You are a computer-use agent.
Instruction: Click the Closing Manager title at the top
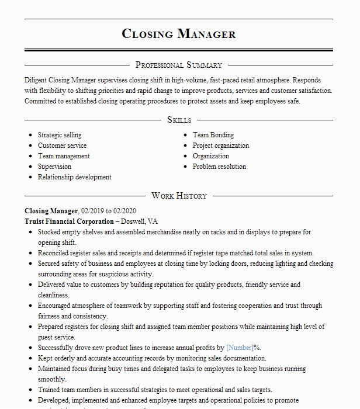click(179, 33)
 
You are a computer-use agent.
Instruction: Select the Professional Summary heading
click(179, 65)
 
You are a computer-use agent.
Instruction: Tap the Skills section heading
click(179, 119)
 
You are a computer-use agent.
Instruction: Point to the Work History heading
click(179, 196)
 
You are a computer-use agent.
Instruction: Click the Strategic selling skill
click(60, 135)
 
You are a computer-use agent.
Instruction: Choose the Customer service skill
click(62, 145)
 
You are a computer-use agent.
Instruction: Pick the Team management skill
click(64, 156)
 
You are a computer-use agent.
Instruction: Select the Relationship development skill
click(75, 177)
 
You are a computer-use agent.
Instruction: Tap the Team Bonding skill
click(213, 135)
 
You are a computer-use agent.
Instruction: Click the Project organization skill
click(221, 145)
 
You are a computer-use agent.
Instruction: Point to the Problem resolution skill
click(219, 167)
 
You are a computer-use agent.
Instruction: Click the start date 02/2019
click(94, 211)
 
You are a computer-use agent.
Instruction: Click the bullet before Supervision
click(30, 167)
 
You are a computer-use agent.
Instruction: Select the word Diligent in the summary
click(39, 80)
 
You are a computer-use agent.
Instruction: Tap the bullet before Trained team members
click(30, 390)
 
